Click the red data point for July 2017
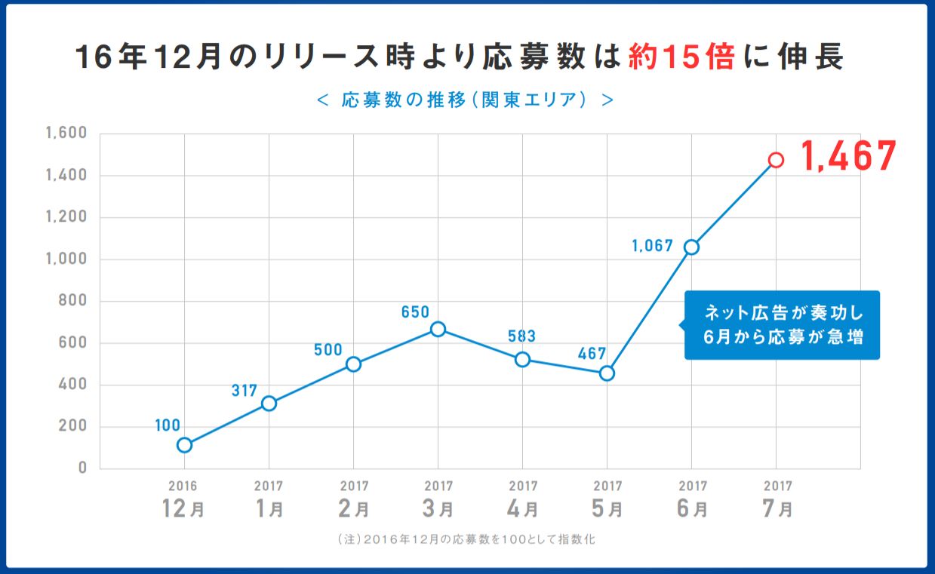tap(776, 160)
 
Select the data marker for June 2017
tap(691, 247)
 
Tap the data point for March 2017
tap(438, 329)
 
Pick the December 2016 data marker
tap(184, 445)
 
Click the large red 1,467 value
tap(848, 157)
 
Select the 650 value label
tap(415, 312)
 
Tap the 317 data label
tap(245, 391)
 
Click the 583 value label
tap(521, 336)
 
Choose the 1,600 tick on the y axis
tap(67, 134)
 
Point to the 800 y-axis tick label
tap(74, 301)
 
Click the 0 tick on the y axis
tap(83, 468)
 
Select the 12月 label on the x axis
tap(183, 509)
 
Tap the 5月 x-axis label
tap(607, 509)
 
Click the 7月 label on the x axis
tap(777, 509)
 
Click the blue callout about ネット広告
tap(782, 325)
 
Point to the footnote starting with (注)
tap(468, 540)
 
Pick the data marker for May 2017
tap(607, 373)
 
